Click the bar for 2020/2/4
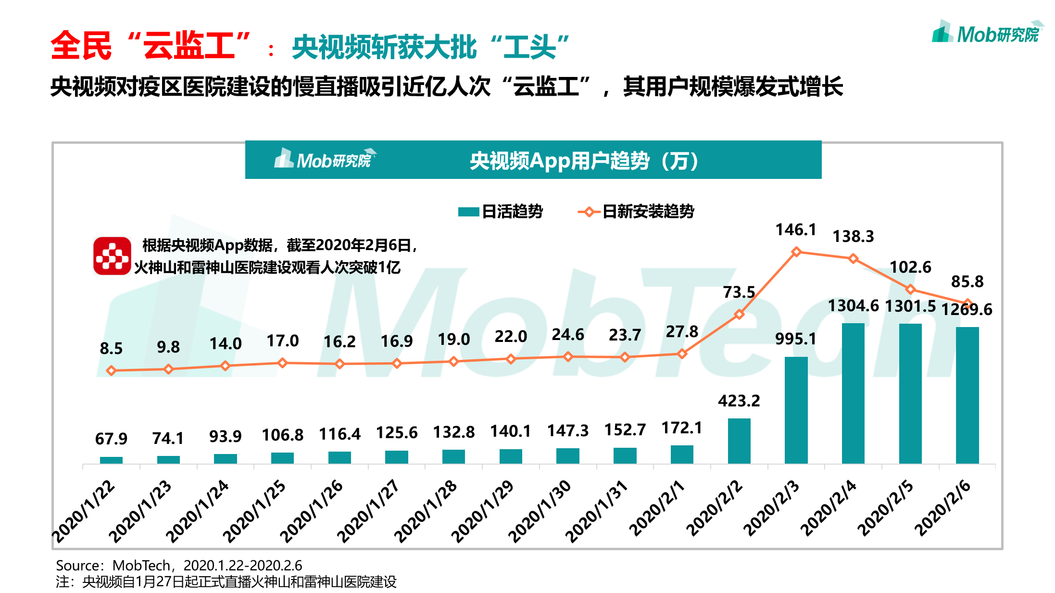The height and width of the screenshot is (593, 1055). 853,393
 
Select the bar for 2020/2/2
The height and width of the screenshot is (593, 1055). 739,441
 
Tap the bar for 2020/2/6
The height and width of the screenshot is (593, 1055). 967,395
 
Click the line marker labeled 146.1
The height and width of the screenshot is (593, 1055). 796,252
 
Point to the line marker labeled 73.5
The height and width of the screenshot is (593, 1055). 739,315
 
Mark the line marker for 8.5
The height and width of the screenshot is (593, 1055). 111,370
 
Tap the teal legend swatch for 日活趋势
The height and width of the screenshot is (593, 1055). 468,212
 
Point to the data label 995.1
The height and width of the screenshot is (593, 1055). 795,339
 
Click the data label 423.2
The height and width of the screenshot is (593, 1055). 739,401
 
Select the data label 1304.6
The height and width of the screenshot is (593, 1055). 853,306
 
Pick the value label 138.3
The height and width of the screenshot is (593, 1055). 853,236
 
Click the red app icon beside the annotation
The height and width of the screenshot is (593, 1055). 112,256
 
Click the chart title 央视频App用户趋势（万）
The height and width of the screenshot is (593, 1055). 584,161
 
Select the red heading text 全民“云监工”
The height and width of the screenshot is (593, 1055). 150,46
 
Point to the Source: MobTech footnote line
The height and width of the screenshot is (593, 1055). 179,565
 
